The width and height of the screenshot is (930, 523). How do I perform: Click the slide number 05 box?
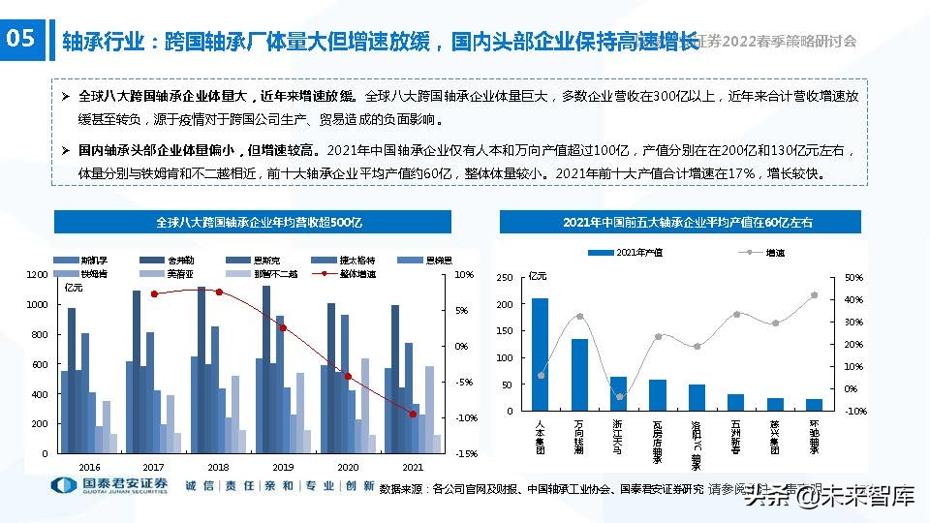[21, 39]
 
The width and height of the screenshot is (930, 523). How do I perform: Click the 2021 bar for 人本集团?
[540, 354]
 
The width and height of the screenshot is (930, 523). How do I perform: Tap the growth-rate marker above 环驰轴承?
[815, 295]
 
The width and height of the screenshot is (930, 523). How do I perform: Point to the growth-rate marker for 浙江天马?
[619, 397]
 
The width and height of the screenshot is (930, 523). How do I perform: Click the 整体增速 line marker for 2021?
[413, 415]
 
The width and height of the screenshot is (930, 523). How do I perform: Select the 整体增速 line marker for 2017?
[154, 293]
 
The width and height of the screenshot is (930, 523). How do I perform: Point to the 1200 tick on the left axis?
[37, 275]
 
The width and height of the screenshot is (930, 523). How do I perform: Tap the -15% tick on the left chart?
[465, 454]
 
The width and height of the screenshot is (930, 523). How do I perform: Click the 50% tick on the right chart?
[853, 278]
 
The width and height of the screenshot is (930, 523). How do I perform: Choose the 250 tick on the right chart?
[504, 278]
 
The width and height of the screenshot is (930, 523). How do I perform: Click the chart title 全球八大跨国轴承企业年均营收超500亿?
[259, 223]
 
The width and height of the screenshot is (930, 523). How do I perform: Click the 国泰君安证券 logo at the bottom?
[108, 485]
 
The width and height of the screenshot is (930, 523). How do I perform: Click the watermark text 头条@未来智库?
[829, 497]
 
